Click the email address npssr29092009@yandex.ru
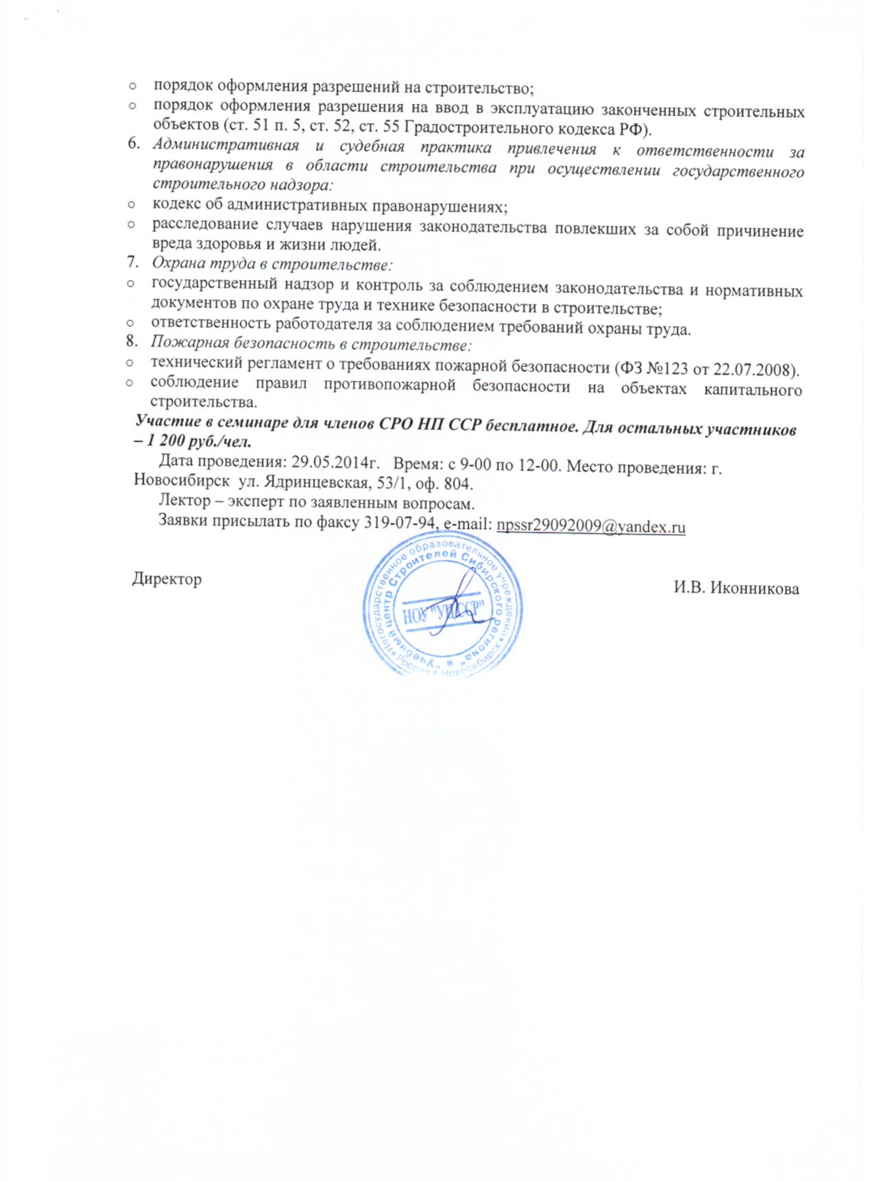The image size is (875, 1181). [592, 526]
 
